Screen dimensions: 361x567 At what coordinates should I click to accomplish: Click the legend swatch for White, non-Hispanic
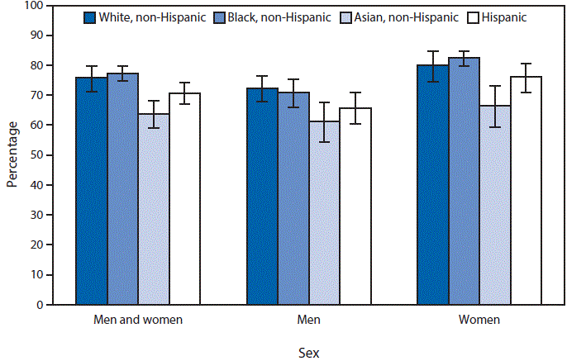90,17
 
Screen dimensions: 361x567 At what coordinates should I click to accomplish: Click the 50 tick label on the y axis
37,155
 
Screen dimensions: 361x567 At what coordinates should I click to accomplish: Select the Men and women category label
138,319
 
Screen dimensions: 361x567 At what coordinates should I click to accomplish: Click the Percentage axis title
12,155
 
